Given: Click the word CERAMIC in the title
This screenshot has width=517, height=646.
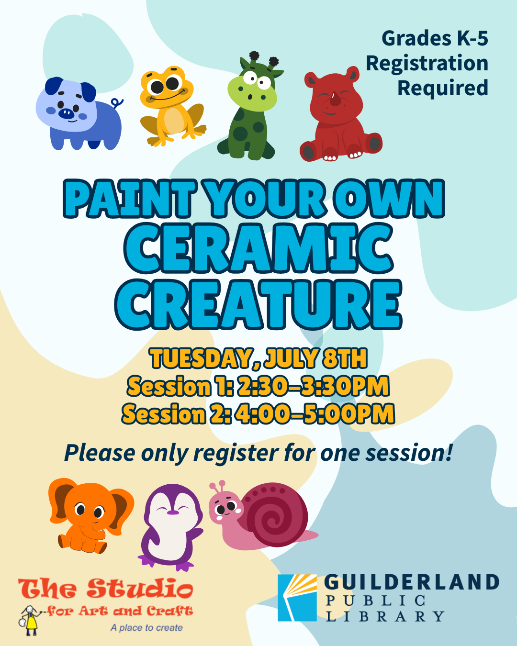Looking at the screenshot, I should pyautogui.click(x=259, y=249).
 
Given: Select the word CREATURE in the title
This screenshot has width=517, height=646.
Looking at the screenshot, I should pyautogui.click(x=258, y=305).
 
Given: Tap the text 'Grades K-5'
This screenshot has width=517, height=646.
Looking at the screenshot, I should pyautogui.click(x=435, y=39).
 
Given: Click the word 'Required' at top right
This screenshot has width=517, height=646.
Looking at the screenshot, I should pyautogui.click(x=443, y=89).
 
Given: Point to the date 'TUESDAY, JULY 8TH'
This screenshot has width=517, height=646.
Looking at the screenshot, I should pyautogui.click(x=258, y=358).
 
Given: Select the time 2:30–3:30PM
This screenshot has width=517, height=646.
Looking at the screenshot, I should pyautogui.click(x=313, y=387).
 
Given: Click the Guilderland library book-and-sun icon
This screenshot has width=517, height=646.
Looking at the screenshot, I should pyautogui.click(x=297, y=598).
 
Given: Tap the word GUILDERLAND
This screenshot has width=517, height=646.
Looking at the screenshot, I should pyautogui.click(x=412, y=582).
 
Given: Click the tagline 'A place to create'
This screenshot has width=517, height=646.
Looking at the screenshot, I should pyautogui.click(x=146, y=628).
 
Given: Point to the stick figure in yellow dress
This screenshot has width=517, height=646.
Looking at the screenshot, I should pyautogui.click(x=30, y=620).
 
